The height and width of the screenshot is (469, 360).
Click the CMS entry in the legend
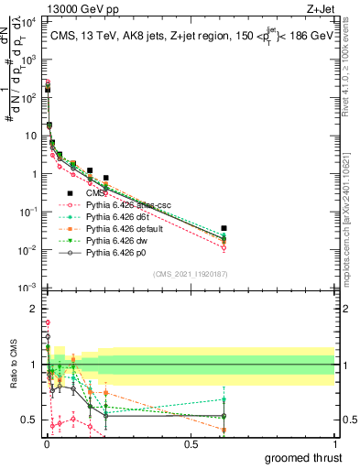[96, 193]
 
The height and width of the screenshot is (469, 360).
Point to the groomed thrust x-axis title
[305, 456]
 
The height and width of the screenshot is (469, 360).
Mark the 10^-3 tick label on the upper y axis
[27, 289]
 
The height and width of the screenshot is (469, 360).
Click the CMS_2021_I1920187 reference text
[190, 273]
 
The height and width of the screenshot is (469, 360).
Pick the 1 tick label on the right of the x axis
[334, 442]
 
